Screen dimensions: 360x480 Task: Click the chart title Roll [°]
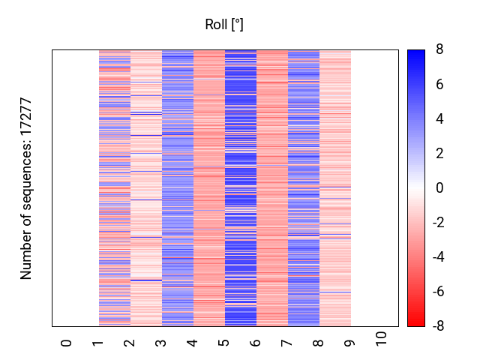click(x=224, y=25)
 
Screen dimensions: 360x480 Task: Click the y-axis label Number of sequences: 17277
click(x=26, y=188)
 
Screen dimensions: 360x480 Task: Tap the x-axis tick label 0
click(x=67, y=343)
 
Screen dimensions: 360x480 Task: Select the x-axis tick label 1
click(x=98, y=343)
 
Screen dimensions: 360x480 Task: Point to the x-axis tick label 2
click(x=130, y=343)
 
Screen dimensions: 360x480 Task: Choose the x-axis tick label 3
click(x=161, y=343)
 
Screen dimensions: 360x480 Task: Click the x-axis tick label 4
click(x=193, y=343)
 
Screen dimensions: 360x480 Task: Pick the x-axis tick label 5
click(x=224, y=343)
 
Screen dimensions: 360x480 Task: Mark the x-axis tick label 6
click(x=256, y=343)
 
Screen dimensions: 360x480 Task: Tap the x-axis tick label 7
click(x=287, y=343)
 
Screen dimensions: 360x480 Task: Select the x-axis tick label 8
click(x=319, y=343)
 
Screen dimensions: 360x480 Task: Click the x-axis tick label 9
click(x=350, y=343)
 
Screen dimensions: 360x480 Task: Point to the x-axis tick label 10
click(x=382, y=339)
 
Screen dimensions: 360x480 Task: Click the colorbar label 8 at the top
click(x=439, y=50)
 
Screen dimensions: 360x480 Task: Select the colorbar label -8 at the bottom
click(x=437, y=326)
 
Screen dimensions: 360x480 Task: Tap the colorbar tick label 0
click(x=439, y=188)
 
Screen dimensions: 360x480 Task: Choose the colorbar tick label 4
click(x=439, y=119)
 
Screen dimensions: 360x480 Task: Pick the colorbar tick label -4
click(x=437, y=257)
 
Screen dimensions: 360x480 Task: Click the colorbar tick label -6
click(x=437, y=292)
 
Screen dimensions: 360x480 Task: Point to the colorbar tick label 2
click(x=439, y=154)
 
